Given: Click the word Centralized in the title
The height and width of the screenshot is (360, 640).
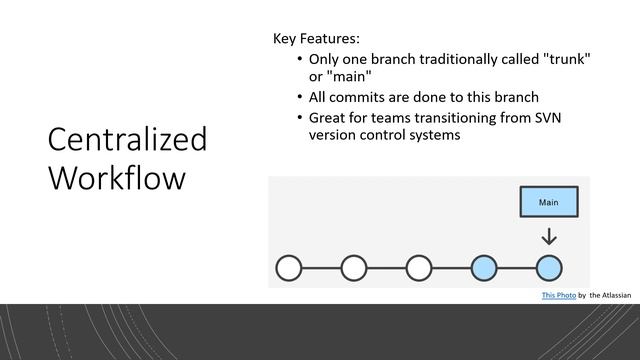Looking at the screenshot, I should (x=127, y=140).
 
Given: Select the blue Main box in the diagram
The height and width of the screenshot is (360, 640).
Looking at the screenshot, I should (x=548, y=202).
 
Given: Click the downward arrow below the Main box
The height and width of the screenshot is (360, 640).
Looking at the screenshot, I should (x=548, y=238).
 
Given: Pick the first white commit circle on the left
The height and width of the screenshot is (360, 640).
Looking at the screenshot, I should (x=289, y=268).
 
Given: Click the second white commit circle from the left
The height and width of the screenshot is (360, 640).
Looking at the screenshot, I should (x=354, y=268).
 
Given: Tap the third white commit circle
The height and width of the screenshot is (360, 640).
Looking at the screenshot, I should (x=419, y=268).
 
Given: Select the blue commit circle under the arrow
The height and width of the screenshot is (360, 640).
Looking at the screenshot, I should (x=548, y=268).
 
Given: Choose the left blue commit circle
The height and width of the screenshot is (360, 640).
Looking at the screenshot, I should (x=484, y=268).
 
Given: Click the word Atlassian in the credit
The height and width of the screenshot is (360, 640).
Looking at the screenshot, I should (x=616, y=296).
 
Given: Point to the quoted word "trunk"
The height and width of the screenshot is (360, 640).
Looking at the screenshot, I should (x=564, y=59).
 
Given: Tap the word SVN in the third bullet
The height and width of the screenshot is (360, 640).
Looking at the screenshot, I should (x=574, y=118).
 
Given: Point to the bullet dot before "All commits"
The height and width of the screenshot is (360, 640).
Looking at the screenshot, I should (x=300, y=98).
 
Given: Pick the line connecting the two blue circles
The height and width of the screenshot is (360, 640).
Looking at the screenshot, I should (x=516, y=268).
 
